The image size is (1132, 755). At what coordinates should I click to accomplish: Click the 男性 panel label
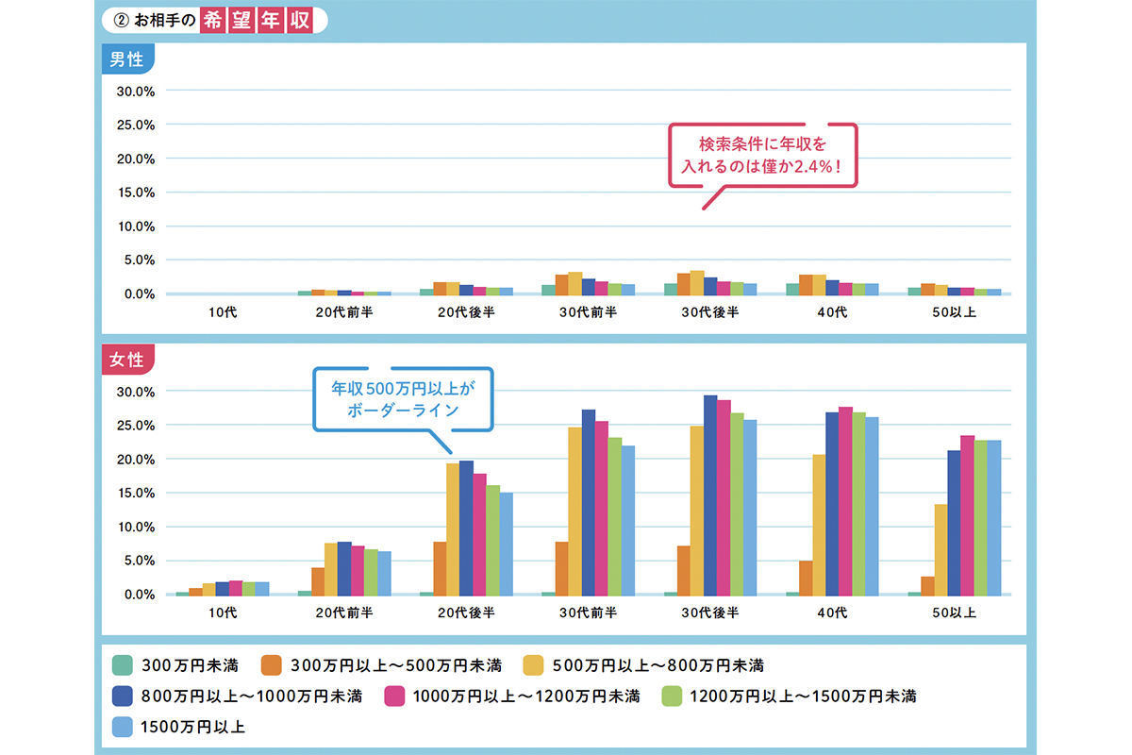[x=126, y=59]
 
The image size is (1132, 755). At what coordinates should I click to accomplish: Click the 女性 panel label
[x=126, y=360]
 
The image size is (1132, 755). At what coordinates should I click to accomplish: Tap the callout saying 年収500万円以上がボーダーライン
[x=403, y=399]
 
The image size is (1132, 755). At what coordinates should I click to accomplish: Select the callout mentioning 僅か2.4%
[x=762, y=155]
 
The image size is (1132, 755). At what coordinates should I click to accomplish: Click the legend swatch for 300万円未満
[x=120, y=664]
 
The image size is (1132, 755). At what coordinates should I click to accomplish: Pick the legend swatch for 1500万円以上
[x=120, y=727]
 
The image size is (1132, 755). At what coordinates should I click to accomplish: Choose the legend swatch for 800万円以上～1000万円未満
[x=120, y=696]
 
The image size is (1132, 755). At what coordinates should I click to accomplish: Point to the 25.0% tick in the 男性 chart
[x=134, y=125]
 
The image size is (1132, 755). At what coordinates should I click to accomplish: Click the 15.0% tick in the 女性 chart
[x=134, y=493]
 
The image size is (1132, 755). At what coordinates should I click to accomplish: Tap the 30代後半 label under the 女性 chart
[x=710, y=612]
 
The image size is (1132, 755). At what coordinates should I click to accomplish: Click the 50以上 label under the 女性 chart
[x=954, y=612]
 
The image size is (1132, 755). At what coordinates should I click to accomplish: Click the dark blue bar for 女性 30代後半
[x=710, y=495]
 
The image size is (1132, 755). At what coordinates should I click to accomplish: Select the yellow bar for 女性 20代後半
[x=453, y=528]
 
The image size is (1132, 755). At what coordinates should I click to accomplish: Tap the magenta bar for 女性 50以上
[x=967, y=514]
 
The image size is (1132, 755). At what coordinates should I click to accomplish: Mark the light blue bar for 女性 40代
[x=872, y=506]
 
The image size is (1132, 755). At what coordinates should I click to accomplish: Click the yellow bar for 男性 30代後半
[x=697, y=282]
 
